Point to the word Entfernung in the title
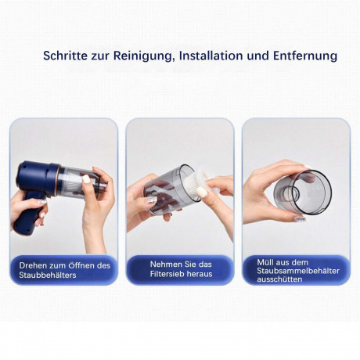click(305, 56)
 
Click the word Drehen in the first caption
click(33, 265)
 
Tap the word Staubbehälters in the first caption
click(48, 275)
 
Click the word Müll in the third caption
click(265, 262)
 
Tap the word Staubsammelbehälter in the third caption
click(298, 271)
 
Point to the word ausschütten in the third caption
click(279, 279)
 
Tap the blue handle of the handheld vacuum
click(27, 214)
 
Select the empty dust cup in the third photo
click(303, 193)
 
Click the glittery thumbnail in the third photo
click(300, 219)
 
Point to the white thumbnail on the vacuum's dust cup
click(86, 179)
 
